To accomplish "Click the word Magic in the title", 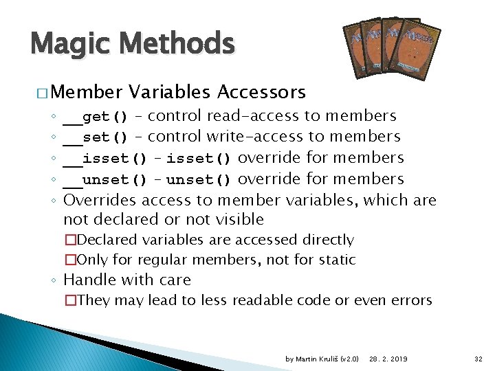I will [65, 45].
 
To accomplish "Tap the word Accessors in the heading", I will [261, 91].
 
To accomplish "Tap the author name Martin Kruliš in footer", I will [316, 359].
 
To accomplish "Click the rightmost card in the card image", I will [420, 46].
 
